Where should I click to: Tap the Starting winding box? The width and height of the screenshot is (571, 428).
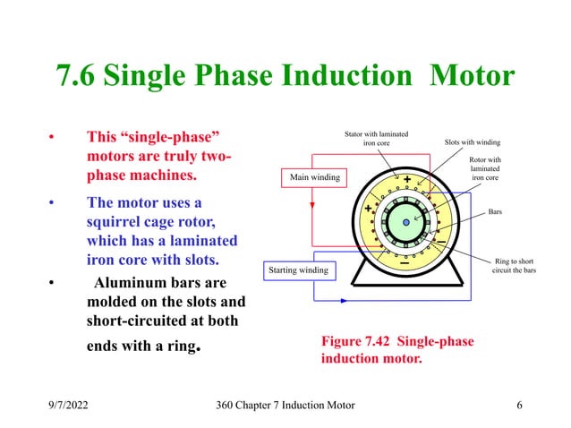point(298,269)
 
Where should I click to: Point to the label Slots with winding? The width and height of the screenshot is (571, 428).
point(473,141)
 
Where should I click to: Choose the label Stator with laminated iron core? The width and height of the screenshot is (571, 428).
point(376,138)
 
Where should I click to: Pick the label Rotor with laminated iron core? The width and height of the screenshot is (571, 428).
point(485,168)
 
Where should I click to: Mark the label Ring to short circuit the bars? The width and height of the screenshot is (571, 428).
point(514,265)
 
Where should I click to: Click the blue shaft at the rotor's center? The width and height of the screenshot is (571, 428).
point(405,221)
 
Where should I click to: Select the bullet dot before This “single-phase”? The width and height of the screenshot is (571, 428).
point(53,139)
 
